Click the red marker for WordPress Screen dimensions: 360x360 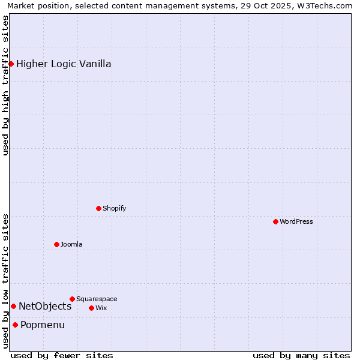click(275, 221)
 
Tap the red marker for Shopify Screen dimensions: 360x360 click(98, 208)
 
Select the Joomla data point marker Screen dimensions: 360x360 click(56, 244)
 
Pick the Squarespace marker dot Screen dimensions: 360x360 click(72, 299)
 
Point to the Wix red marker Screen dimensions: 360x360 click(91, 308)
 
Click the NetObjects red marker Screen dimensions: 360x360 click(13, 306)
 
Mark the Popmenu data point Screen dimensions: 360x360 click(15, 325)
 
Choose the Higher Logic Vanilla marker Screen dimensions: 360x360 click(11, 64)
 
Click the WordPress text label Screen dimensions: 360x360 click(296, 221)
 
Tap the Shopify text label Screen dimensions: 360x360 click(115, 208)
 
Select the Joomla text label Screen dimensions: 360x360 click(71, 244)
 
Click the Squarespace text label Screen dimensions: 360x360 click(97, 299)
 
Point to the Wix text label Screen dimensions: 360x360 click(101, 308)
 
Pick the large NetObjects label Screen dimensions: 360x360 click(45, 306)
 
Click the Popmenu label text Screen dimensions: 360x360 click(43, 325)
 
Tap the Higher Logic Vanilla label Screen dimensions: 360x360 click(64, 64)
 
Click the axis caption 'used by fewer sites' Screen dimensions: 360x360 click(62, 355)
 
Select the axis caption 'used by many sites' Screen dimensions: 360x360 click(301, 355)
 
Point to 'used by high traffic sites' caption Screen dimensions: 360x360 click(6, 85)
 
